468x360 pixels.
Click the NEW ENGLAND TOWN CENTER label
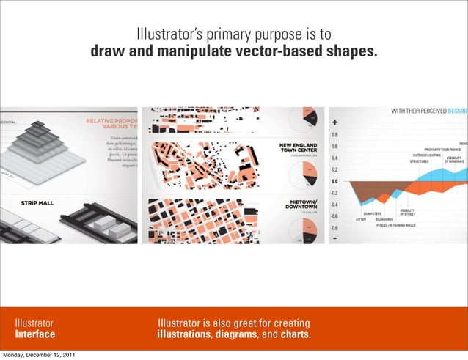tap(298, 148)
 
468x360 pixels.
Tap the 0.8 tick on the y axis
tap(334, 135)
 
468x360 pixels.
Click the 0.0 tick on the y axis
tap(334, 181)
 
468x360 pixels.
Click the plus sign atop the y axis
tap(335, 122)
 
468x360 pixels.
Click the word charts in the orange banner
tap(294, 337)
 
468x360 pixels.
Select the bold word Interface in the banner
tap(36, 335)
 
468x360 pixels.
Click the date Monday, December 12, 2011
tap(38, 355)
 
